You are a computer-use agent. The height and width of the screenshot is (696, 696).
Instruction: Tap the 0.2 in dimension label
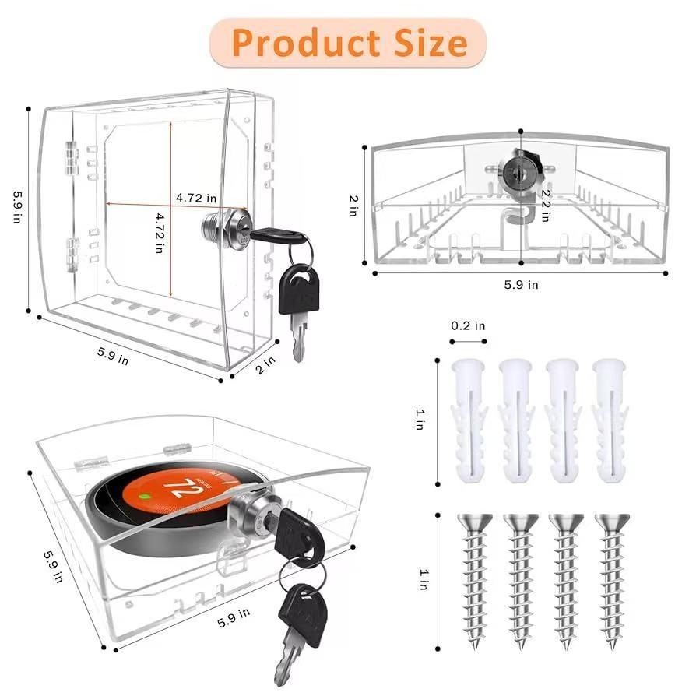pos(468,326)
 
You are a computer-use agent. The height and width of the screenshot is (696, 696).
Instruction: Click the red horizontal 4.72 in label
pos(195,198)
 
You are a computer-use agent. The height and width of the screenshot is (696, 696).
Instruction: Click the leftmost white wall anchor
pos(469,420)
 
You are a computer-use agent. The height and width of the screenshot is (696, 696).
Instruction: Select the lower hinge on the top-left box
pos(72,251)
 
